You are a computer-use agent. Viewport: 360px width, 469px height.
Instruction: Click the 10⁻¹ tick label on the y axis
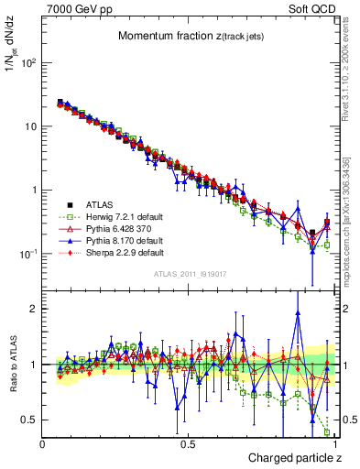(x=31, y=254)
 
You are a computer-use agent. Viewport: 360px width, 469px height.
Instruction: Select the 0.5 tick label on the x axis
(x=188, y=443)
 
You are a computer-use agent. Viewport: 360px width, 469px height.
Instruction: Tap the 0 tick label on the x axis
(x=43, y=443)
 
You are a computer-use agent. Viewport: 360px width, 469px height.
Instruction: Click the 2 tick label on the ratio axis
(x=34, y=309)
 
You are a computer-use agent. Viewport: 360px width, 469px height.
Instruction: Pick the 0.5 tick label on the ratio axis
(x=30, y=420)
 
